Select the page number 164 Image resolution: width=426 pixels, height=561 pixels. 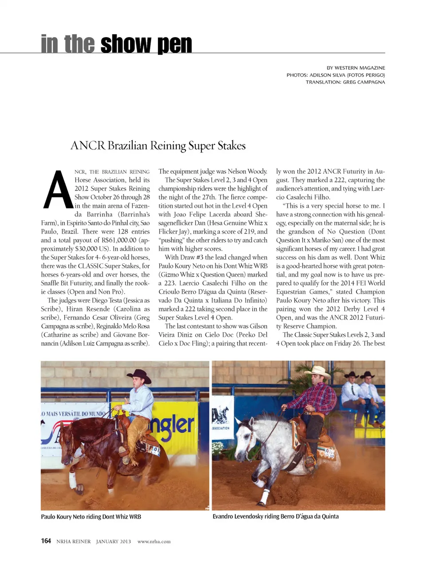(46, 541)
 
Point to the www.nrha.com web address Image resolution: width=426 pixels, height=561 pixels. (154, 541)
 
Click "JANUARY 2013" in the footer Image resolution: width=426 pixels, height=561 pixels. (113, 541)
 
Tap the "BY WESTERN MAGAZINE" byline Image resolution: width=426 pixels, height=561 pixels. (355, 68)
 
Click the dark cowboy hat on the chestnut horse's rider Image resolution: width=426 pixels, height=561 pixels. (139, 375)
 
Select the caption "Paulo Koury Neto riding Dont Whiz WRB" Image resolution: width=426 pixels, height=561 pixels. (91, 517)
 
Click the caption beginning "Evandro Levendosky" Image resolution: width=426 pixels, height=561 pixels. (275, 516)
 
